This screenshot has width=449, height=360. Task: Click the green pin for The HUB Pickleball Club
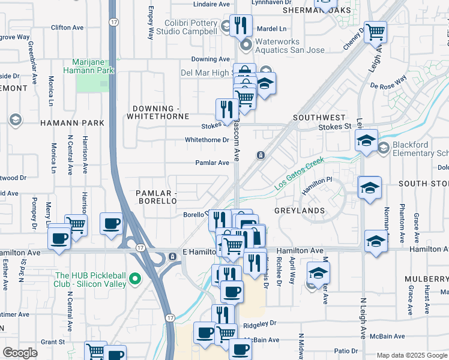tap(136, 278)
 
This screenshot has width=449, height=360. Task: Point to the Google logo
tap(20, 353)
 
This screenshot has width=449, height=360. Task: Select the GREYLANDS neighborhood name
tap(300, 211)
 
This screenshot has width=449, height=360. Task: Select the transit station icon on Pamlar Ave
tap(261, 155)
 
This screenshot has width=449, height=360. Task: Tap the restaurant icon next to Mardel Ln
tap(241, 25)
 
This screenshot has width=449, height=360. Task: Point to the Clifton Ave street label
tap(67, 28)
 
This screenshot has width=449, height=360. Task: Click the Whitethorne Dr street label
tap(207, 140)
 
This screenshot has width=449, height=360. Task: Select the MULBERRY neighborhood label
tap(426, 279)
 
